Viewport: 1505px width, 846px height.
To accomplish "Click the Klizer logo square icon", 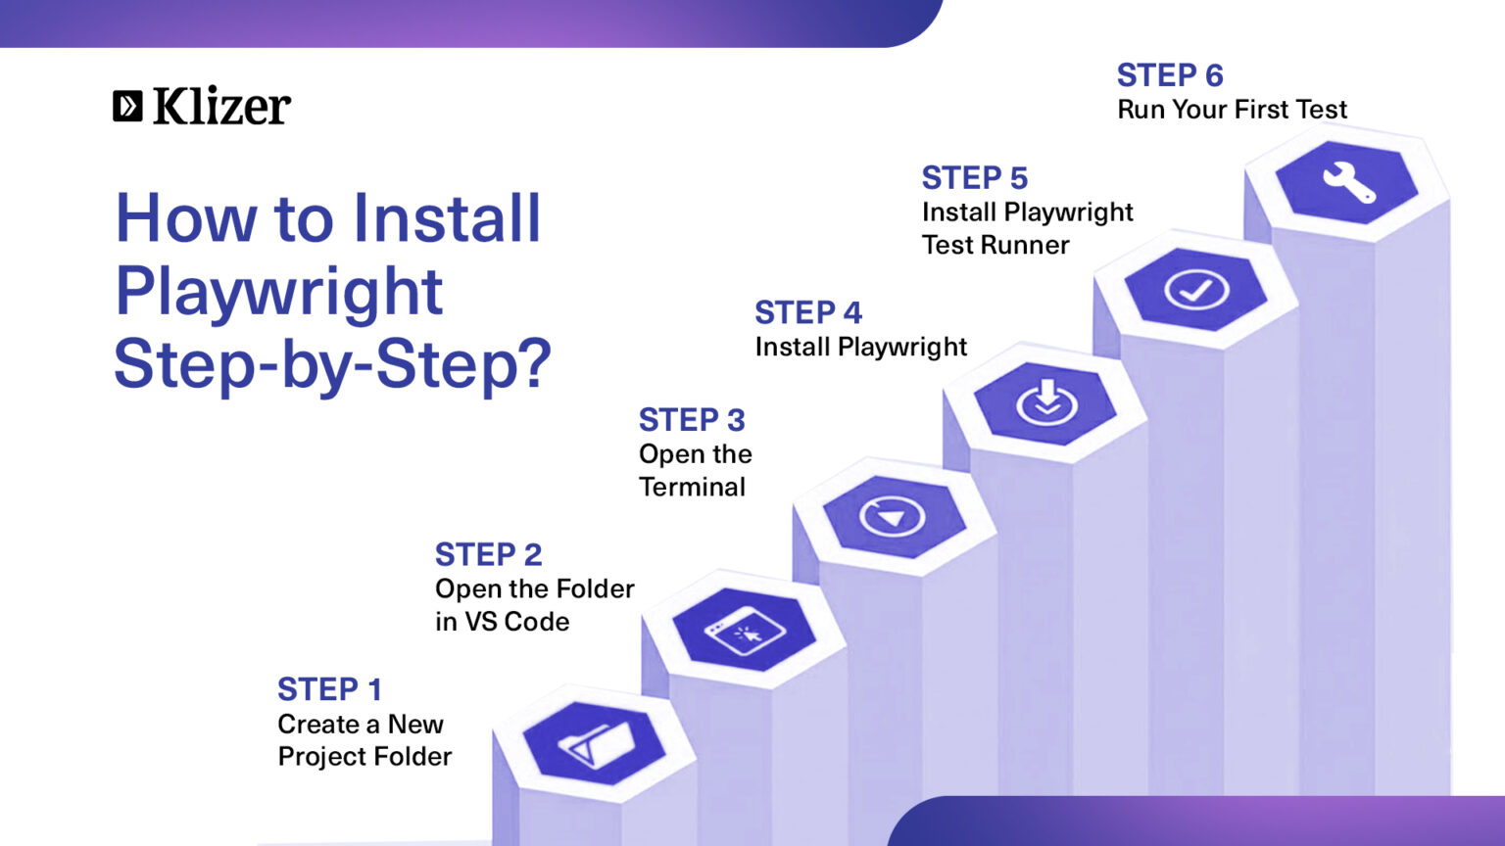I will coord(127,106).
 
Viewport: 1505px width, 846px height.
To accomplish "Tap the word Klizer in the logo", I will coord(221,106).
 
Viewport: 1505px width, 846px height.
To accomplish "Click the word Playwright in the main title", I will coord(279,291).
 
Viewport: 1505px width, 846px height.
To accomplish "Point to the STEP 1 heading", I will coord(329,689).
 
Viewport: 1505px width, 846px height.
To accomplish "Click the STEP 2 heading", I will coord(488,554).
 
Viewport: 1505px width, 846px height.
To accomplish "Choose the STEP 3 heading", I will coord(692,420).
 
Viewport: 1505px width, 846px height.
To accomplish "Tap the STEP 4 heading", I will coord(808,312).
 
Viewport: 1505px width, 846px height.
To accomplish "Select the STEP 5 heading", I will coord(974,178).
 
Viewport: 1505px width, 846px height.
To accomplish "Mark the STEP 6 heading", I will coord(1170,75).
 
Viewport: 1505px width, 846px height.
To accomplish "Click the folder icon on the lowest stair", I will coord(594,744).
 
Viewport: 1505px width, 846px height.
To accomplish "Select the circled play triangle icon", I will coord(893,516).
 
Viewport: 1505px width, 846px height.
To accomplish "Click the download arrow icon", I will coord(1045,402).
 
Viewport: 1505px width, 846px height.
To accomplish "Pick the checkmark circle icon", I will coord(1195,290).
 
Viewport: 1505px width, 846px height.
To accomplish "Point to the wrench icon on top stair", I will coord(1348,181).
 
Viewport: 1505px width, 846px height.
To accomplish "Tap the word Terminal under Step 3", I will coord(692,487).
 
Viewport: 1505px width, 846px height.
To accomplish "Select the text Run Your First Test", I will coord(1232,110).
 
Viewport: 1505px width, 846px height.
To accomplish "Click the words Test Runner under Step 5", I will coord(995,245).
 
